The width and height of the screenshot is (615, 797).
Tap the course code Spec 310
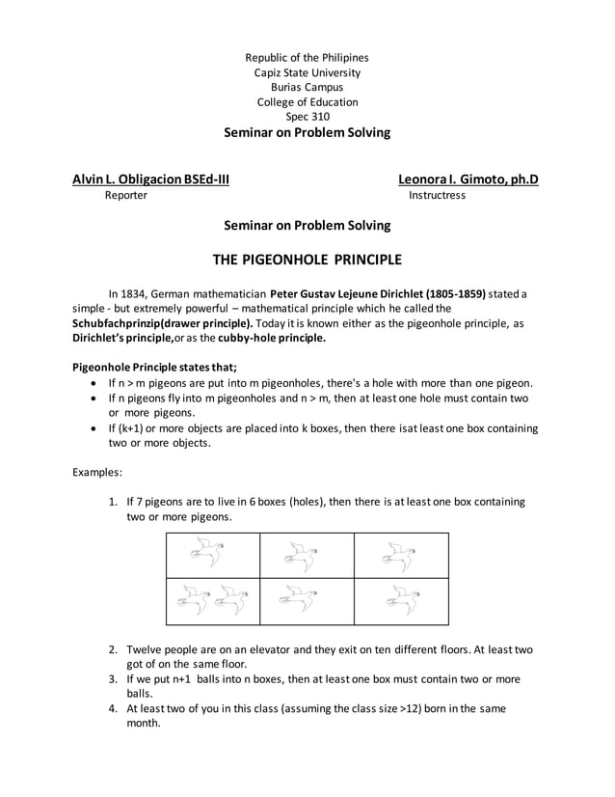coord(307,117)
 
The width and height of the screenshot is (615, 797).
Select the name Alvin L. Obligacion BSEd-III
coord(151,179)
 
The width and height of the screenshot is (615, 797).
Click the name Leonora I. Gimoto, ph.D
coord(468,179)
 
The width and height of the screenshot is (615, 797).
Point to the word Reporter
coord(125,195)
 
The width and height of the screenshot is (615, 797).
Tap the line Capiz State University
coord(307,72)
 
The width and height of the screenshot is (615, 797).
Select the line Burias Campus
coord(307,87)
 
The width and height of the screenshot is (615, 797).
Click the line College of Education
coord(307,102)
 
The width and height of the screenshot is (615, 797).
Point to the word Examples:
coord(97,473)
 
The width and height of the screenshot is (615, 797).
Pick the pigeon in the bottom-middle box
coord(306,600)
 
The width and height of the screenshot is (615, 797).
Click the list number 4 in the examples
coord(113,708)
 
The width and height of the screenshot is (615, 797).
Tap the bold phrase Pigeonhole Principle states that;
coord(155,367)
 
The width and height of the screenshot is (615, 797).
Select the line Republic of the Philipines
coord(307,58)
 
